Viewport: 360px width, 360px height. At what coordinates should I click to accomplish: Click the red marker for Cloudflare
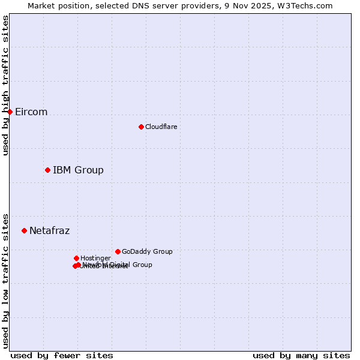[141, 127]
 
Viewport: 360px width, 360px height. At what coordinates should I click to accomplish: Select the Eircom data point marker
[10, 112]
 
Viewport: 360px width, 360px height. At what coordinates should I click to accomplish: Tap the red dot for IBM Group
[47, 170]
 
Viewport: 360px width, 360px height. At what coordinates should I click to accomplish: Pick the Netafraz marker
[24, 230]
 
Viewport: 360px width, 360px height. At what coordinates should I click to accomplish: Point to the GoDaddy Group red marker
[118, 251]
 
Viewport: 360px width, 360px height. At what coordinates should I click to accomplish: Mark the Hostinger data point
[76, 258]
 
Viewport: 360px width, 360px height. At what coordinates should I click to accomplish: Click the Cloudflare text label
[161, 127]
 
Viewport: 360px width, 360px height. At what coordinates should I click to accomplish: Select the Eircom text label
[31, 112]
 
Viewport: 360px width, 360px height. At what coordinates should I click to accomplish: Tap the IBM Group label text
[78, 170]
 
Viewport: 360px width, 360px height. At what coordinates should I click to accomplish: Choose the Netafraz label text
[49, 231]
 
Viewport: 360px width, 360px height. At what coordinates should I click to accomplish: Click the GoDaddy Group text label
[147, 252]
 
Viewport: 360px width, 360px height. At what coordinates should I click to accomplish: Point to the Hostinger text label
[95, 259]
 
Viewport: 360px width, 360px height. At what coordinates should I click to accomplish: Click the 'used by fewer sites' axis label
[62, 355]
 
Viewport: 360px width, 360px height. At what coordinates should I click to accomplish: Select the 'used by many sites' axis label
[301, 355]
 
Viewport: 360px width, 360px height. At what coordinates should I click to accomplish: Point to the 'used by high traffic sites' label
[5, 85]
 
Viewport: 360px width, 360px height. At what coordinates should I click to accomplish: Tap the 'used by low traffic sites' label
[5, 280]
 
